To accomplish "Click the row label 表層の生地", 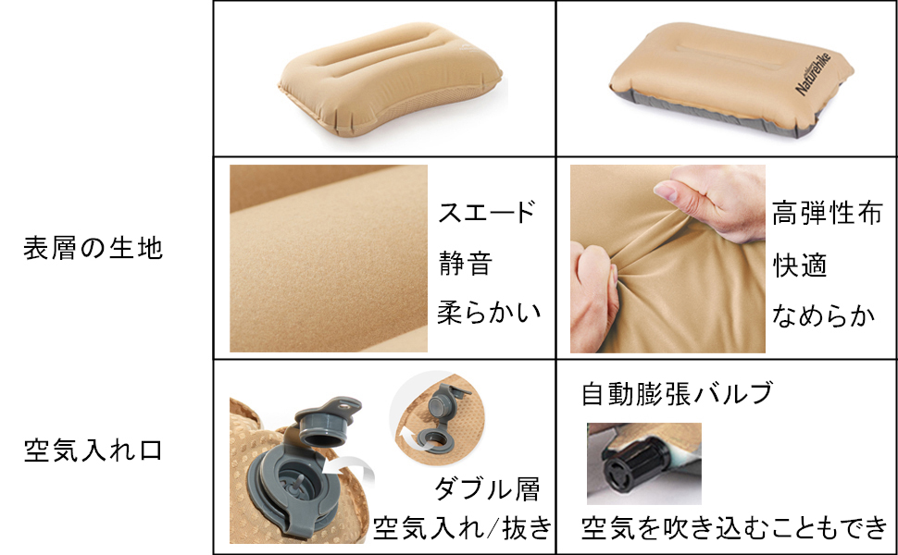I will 93,249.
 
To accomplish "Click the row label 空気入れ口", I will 93,451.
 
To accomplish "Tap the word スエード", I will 487,213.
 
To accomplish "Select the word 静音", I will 465,264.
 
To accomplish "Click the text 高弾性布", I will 826,213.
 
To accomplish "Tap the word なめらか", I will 824,314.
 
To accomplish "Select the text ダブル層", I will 486,488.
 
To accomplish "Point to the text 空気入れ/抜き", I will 462,528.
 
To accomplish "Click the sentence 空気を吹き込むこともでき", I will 734,528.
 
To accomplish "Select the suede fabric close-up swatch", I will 328,258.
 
